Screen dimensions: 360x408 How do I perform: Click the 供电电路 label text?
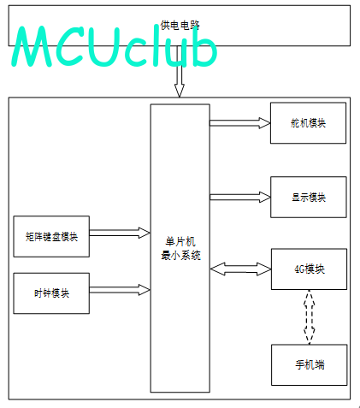point(180,25)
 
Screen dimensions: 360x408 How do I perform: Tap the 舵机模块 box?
point(308,123)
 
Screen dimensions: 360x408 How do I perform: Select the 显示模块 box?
point(309,197)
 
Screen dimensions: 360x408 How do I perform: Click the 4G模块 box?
point(309,269)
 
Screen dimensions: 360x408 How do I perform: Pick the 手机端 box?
point(310,365)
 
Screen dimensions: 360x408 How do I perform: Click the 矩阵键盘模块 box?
point(51,236)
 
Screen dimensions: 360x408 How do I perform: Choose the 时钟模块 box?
point(51,293)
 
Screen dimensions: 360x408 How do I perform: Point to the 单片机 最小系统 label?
point(180,248)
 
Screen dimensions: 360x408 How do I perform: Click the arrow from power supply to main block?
point(180,71)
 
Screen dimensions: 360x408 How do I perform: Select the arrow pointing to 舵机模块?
point(240,123)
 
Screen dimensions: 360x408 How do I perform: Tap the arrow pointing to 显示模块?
point(240,197)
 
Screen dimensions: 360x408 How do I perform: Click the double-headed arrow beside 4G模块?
point(240,269)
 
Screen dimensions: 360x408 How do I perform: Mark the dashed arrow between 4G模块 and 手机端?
point(310,317)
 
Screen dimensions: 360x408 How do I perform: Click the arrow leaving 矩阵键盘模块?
point(120,233)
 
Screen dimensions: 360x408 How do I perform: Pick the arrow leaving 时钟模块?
point(120,290)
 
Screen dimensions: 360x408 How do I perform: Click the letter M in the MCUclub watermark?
point(32,46)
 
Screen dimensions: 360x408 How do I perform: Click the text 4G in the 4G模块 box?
point(299,269)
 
